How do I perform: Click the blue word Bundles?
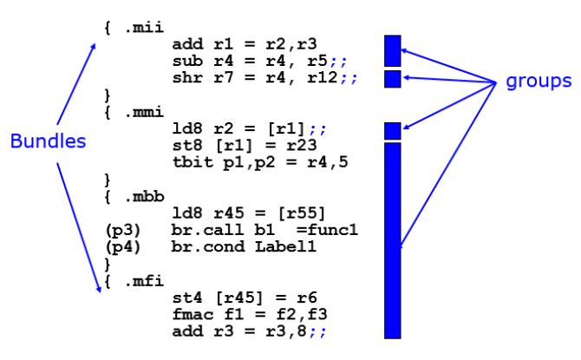point(48,141)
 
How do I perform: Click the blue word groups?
point(539,81)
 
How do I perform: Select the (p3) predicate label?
point(118,230)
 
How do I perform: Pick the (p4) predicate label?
point(118,246)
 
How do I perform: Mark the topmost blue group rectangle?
point(392,50)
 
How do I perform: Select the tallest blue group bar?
point(392,240)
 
